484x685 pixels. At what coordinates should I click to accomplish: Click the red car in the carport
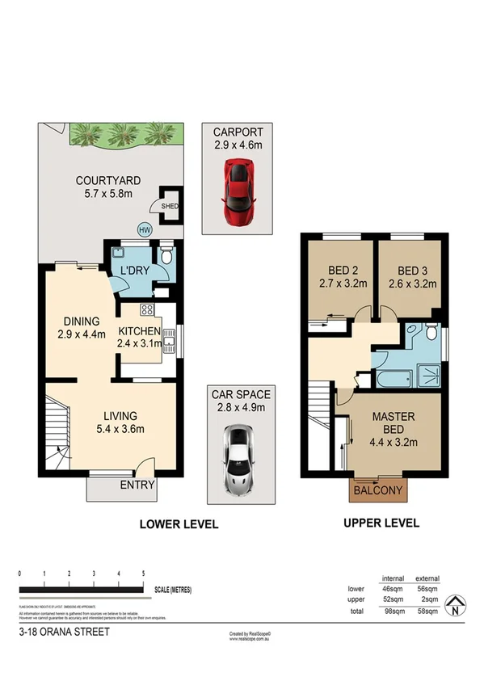click(237, 191)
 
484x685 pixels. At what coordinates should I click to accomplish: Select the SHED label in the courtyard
click(169, 206)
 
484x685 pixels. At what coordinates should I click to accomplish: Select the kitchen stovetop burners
click(148, 309)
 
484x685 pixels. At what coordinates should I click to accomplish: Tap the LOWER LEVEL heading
click(179, 523)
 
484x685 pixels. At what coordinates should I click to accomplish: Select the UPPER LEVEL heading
click(381, 523)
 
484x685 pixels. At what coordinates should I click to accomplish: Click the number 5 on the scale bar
click(144, 573)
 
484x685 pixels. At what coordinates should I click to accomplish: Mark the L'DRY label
click(134, 270)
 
